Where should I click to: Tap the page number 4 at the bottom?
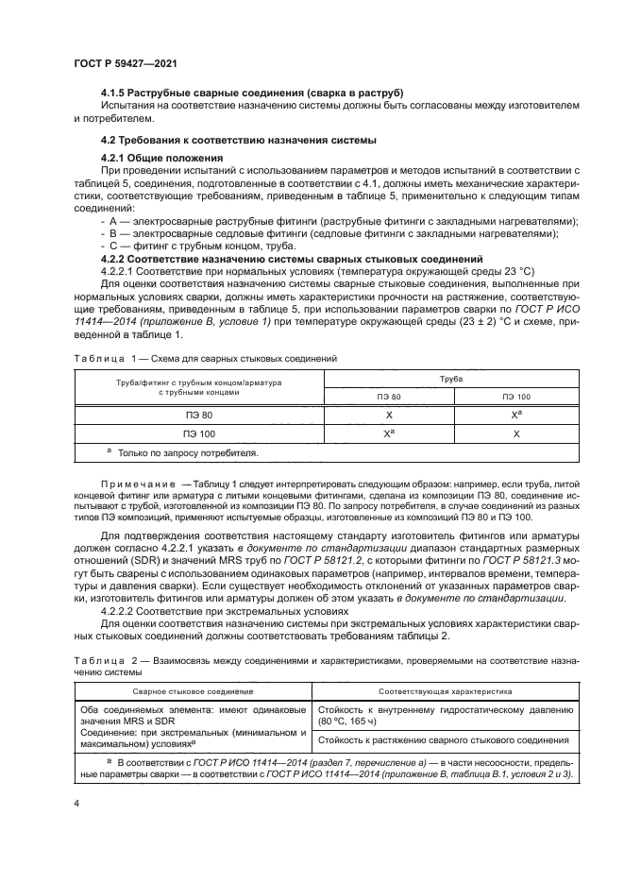click(76, 803)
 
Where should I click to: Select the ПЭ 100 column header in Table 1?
click(515, 396)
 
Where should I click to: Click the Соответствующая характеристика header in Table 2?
click(448, 691)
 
